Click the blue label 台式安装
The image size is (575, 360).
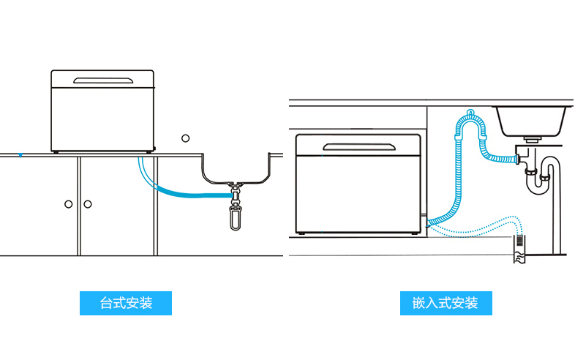126,303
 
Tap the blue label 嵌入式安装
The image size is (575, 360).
446,303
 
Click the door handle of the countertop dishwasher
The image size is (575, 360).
103,79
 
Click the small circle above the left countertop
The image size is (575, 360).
186,138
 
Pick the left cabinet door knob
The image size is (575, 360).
68,203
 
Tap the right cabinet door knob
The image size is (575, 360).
88,203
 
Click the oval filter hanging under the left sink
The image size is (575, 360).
235,216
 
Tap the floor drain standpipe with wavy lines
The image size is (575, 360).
518,248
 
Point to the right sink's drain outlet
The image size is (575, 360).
532,138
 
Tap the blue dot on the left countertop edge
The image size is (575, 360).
20,154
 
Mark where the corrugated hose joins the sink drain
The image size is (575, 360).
515,157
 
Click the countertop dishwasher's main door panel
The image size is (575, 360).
103,117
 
